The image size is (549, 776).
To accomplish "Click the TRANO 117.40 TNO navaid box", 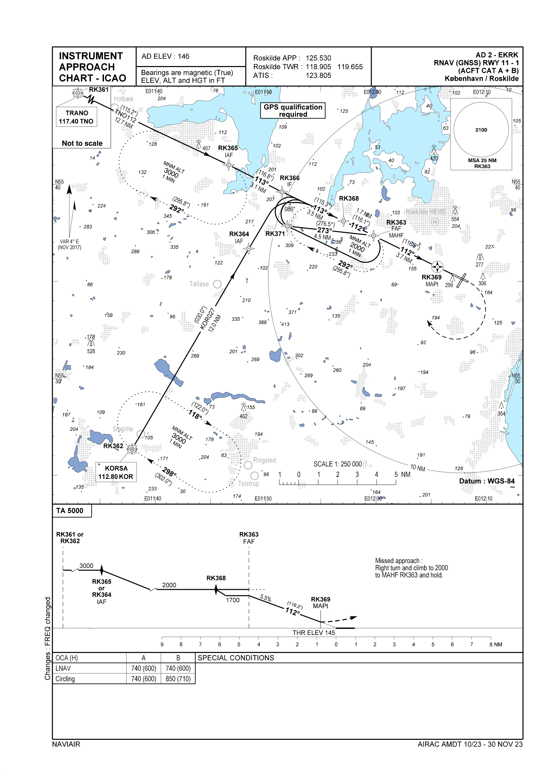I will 76,117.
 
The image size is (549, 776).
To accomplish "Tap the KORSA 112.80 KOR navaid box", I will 116,472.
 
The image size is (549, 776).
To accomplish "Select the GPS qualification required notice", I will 293,111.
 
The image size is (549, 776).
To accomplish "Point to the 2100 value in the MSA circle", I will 481,130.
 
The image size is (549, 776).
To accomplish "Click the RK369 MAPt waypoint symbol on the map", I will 437,267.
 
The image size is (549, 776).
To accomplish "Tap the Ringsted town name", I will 264,460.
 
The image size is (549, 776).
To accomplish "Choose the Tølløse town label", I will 199,284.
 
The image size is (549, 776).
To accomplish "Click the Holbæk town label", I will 124,99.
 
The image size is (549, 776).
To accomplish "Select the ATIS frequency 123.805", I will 318,76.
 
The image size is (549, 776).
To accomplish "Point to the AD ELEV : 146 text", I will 165,56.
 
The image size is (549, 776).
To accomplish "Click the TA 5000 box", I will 70,511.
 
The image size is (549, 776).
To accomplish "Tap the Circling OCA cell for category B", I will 178,679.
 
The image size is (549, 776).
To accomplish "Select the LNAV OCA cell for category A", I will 143,668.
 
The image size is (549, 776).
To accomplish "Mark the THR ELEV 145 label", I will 314,633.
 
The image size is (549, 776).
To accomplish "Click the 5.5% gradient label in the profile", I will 266,598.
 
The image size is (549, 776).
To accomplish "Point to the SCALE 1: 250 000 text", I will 337,464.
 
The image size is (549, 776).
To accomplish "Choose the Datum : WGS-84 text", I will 487,481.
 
